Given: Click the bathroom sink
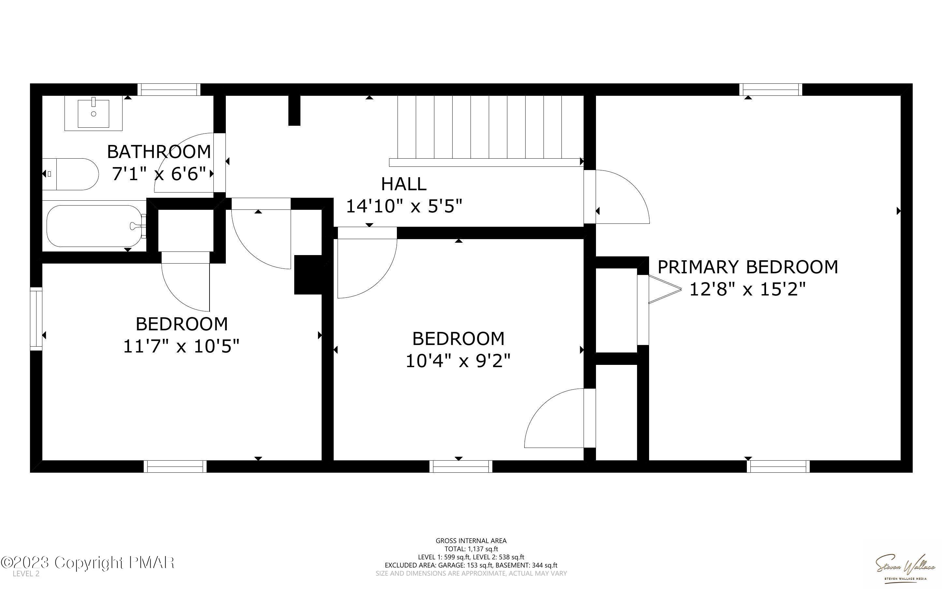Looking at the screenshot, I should (x=94, y=113).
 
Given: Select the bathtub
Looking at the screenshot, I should (x=94, y=226).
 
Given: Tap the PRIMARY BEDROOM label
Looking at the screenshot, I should (x=747, y=267).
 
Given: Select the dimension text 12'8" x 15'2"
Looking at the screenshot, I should (x=747, y=289).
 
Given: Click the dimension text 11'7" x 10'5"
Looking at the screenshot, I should (x=181, y=346).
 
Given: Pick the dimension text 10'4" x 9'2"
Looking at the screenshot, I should (x=458, y=361).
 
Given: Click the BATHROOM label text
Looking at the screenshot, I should (x=159, y=151).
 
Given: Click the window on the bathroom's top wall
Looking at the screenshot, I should (x=169, y=90).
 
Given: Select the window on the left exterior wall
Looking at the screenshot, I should (x=36, y=319).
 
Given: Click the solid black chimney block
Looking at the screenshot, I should (x=308, y=275).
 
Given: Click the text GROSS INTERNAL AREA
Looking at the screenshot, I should (x=471, y=541).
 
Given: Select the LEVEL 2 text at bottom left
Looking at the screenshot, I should (x=26, y=574).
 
